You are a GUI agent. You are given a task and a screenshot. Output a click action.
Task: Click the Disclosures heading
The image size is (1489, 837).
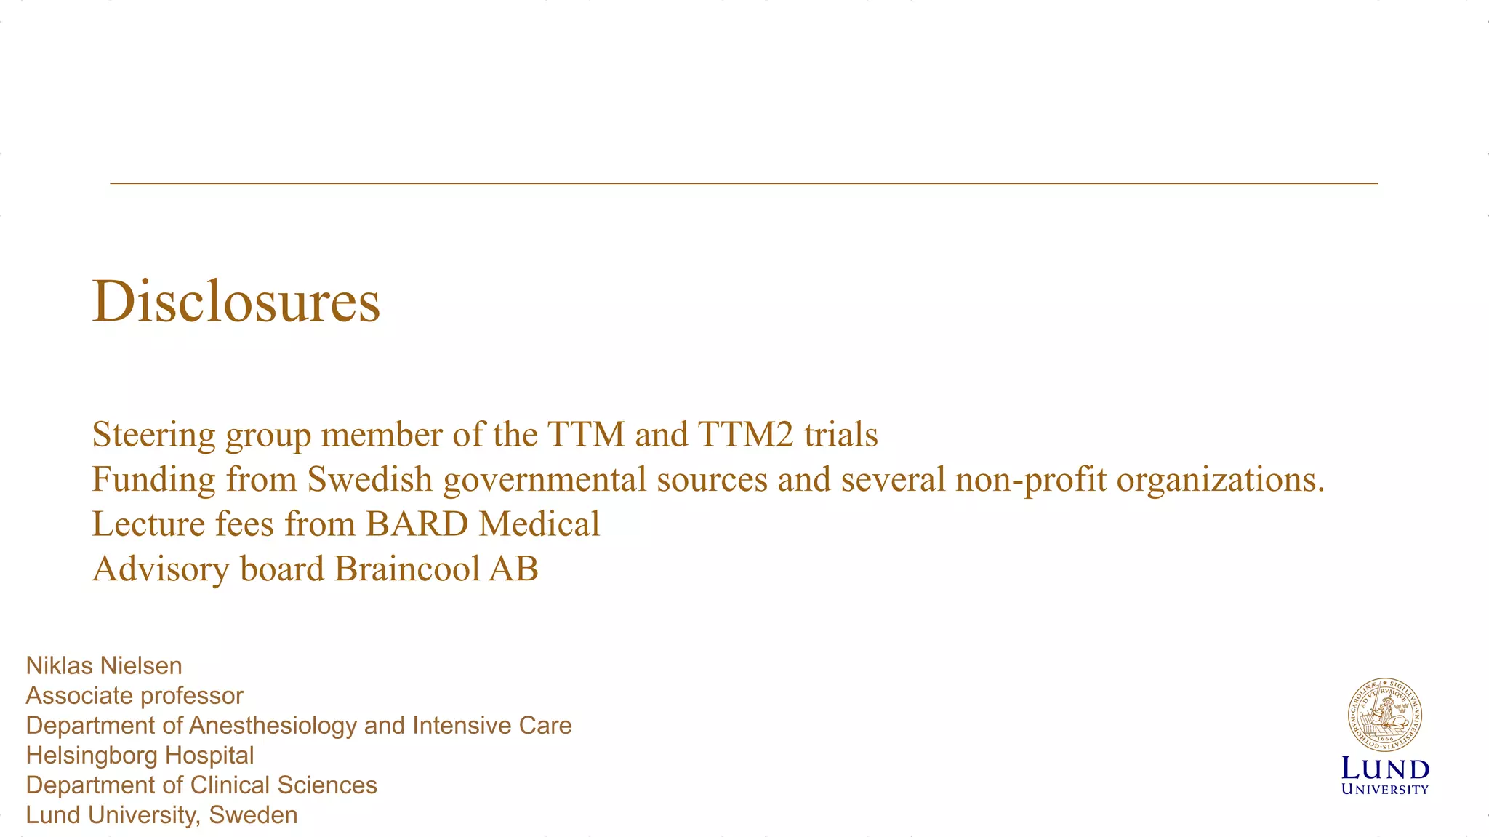(x=236, y=301)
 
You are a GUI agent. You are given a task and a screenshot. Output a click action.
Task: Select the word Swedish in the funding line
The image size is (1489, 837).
(x=369, y=479)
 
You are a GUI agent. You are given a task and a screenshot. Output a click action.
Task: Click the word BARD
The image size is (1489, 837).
(x=417, y=524)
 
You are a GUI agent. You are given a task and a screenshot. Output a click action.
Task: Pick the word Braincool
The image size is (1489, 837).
(x=406, y=569)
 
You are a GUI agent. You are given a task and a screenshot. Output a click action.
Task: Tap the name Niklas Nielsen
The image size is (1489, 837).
(x=104, y=665)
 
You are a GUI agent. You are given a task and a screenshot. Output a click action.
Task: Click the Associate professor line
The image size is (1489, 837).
(x=135, y=696)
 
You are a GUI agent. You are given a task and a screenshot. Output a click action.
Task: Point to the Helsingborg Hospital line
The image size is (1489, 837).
(x=140, y=756)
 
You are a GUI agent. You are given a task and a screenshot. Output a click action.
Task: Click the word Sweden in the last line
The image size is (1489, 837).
(x=253, y=815)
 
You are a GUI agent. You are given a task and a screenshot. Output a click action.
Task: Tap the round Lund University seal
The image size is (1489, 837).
(x=1384, y=716)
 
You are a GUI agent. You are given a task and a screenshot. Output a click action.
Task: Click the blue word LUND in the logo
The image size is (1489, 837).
(x=1385, y=769)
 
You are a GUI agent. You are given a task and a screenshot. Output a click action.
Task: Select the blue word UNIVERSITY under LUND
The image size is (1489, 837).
(x=1385, y=790)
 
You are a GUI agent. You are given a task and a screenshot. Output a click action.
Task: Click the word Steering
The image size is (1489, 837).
(x=153, y=435)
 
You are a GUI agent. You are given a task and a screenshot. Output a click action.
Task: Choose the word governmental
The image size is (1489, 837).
(x=545, y=479)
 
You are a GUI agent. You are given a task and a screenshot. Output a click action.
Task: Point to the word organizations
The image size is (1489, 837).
(x=1220, y=479)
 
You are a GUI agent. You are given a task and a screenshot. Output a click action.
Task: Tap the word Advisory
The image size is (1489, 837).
(x=161, y=569)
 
